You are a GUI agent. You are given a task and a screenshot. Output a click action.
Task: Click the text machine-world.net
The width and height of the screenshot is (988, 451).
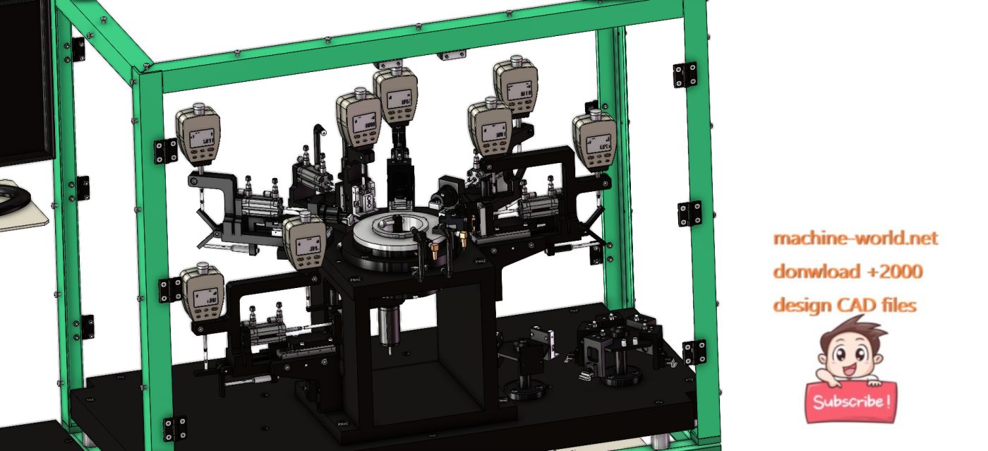click(855, 239)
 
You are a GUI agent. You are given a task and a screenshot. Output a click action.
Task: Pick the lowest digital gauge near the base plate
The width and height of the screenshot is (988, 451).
click(203, 294)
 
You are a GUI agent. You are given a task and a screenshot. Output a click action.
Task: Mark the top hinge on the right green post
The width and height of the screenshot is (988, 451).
click(684, 75)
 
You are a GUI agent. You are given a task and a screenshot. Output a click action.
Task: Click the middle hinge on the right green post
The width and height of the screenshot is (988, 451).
click(689, 213)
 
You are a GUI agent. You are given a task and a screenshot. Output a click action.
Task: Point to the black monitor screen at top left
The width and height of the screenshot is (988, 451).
click(27, 78)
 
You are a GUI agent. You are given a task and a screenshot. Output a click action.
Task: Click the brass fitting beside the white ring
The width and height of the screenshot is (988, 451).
click(462, 238)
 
